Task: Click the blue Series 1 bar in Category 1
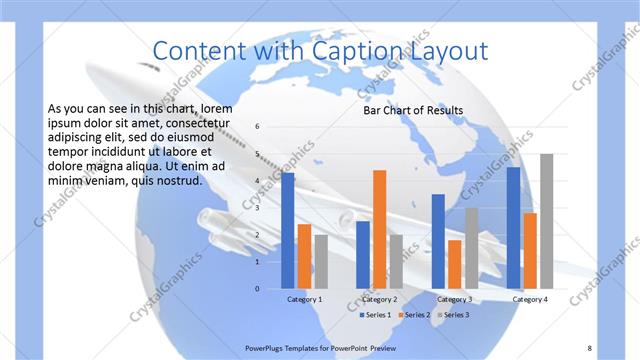[x=288, y=231]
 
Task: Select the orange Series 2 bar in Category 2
[x=379, y=229]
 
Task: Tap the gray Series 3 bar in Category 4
[x=546, y=221]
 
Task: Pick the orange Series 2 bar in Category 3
[x=455, y=264]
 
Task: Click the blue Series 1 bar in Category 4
[x=513, y=228]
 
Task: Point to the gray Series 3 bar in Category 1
[x=320, y=262]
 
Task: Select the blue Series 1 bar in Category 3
[x=438, y=241]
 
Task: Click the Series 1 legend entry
[x=375, y=315]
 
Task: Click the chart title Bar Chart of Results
[x=412, y=110]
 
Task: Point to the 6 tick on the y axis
[x=257, y=127]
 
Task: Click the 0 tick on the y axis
[x=257, y=289]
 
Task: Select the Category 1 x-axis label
[x=304, y=299]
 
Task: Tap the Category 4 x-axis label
[x=529, y=299]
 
